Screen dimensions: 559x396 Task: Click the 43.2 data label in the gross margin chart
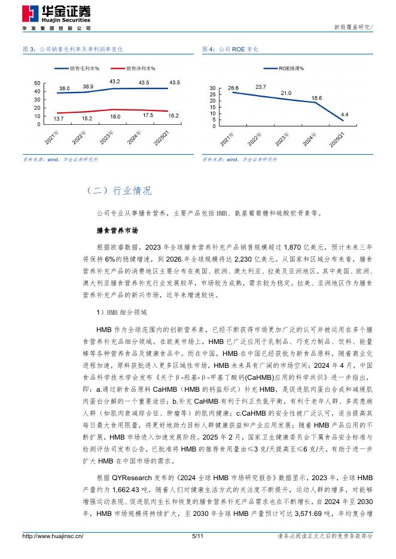pos(115,81)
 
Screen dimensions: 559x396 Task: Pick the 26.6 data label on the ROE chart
pos(233,87)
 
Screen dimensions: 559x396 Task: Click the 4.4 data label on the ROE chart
pos(345,114)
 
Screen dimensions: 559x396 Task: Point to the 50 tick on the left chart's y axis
pos(37,83)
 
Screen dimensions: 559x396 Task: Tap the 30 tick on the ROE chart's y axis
pos(212,88)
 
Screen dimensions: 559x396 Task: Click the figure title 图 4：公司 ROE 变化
pos(230,49)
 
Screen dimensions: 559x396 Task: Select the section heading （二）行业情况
pos(119,191)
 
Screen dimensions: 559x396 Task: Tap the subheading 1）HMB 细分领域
pos(117,312)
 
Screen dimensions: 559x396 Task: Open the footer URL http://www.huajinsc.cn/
pos(53,536)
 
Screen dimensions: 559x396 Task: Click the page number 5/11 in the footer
pos(198,536)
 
